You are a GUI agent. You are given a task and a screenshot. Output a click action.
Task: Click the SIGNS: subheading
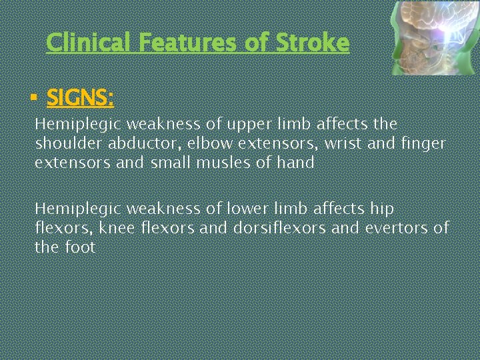coord(80,99)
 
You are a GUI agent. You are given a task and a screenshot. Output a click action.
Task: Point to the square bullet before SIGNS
coord(33,99)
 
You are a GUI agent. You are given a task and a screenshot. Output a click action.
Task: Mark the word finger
coord(425,143)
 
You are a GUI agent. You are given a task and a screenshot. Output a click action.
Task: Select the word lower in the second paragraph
coord(245,209)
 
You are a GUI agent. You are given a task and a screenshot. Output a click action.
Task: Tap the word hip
coord(382,209)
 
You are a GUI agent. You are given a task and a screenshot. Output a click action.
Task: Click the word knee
coord(122,228)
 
